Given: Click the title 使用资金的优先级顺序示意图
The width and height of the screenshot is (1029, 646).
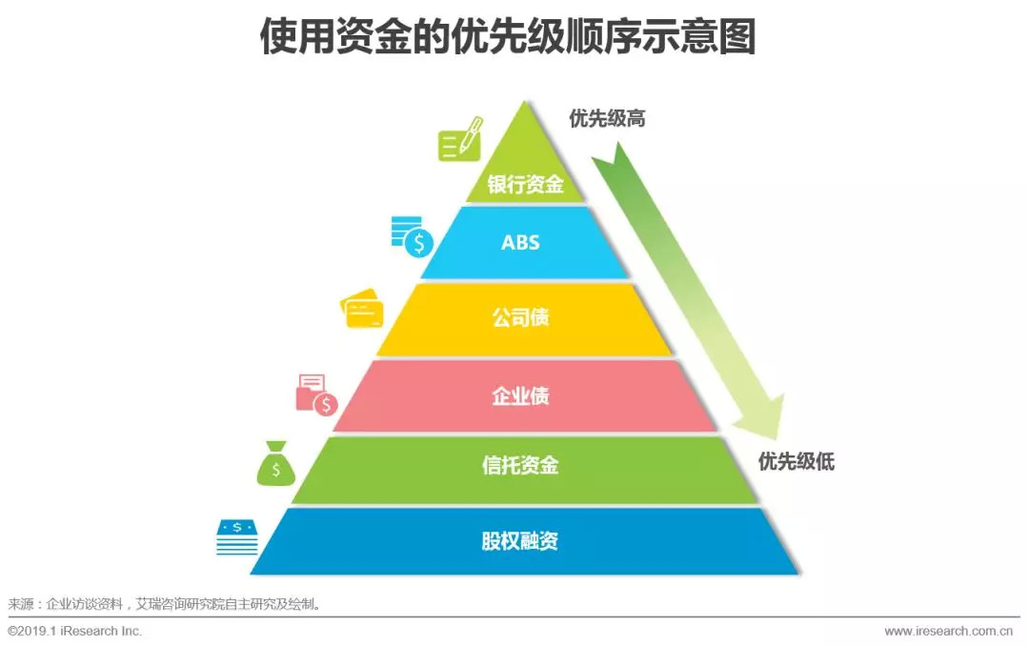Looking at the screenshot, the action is click(508, 37).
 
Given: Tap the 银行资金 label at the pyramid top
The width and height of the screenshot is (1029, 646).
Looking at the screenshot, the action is click(525, 184).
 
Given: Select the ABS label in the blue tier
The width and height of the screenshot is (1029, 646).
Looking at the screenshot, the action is click(521, 242).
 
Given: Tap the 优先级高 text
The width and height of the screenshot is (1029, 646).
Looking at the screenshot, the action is click(608, 119).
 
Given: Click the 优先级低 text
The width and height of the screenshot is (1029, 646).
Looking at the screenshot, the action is click(797, 463).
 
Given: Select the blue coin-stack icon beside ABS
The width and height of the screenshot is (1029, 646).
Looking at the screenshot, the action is click(412, 236).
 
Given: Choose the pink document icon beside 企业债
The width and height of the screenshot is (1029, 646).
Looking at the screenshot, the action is click(316, 394).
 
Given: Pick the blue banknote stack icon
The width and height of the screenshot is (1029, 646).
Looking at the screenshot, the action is click(236, 537).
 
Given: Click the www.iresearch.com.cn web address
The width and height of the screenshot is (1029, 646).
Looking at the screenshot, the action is click(952, 631).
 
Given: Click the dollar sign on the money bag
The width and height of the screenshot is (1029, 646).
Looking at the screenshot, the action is click(276, 469).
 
